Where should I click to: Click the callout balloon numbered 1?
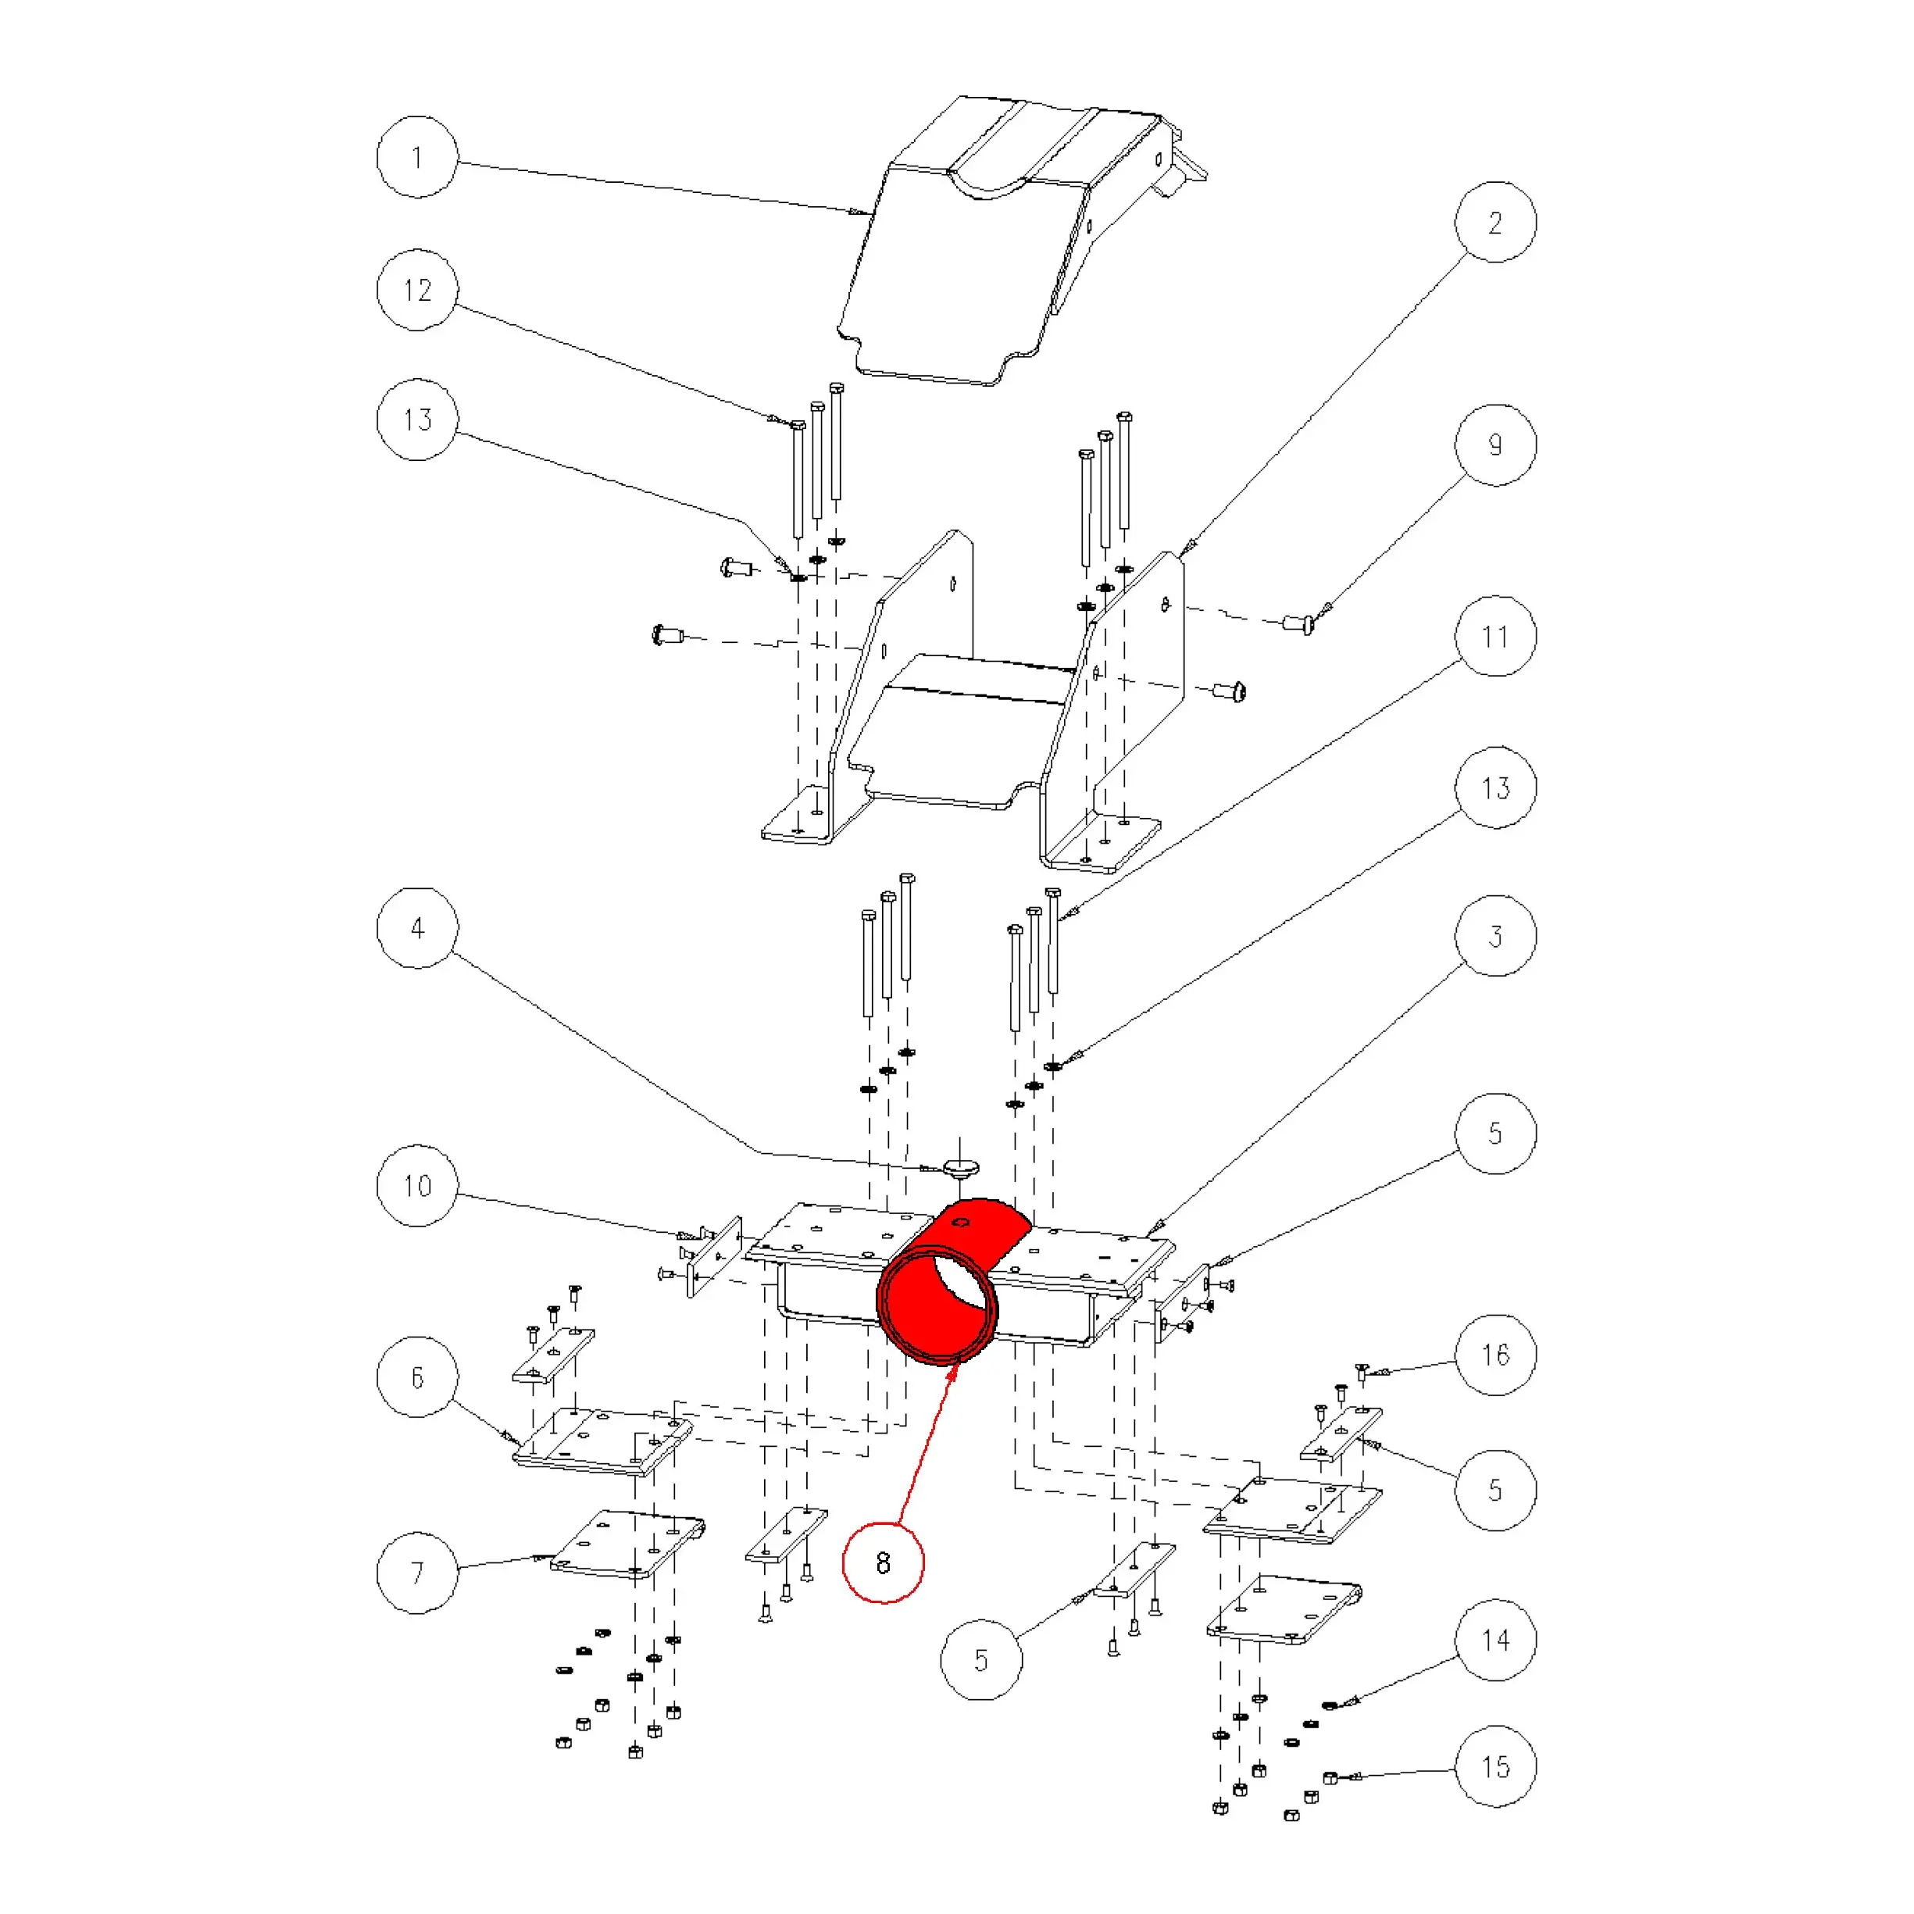point(417,158)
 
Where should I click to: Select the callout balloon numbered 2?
point(1495,222)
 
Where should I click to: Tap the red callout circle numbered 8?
point(883,1562)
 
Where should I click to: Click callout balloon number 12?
point(417,291)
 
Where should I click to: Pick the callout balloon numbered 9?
point(1495,445)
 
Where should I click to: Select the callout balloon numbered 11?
point(1495,636)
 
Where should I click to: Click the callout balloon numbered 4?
point(417,928)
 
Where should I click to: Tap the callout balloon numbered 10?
point(417,1186)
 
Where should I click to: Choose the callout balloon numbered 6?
point(417,1377)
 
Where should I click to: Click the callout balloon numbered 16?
point(1495,1355)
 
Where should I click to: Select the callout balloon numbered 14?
point(1495,1640)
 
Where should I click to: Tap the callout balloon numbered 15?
point(1495,1766)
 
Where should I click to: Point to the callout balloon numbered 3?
point(1495,936)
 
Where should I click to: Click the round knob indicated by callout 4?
point(959,1168)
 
